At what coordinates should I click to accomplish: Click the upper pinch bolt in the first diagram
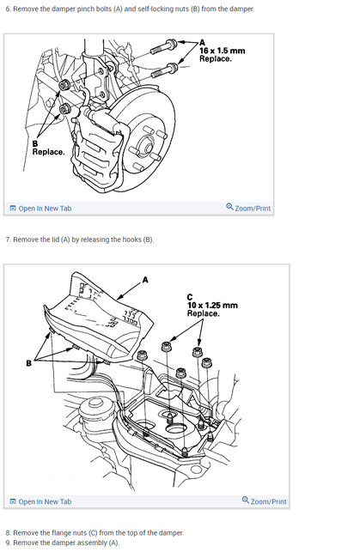164,46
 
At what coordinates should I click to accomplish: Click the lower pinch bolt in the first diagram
165,70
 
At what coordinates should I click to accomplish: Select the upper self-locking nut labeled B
64,85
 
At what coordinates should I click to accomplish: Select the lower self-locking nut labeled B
64,108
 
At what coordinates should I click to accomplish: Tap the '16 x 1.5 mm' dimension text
223,51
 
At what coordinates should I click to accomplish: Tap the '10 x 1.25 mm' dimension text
212,306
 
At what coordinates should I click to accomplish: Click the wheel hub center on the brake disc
146,147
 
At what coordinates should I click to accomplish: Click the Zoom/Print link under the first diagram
253,209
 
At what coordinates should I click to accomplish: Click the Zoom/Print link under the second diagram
268,502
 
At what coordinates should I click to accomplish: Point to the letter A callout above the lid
145,280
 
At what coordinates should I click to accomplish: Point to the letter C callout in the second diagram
190,297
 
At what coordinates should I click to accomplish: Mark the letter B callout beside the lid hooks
29,363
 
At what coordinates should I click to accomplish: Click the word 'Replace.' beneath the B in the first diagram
48,152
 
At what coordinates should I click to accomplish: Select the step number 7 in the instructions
8,240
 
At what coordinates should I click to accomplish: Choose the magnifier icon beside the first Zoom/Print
229,206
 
